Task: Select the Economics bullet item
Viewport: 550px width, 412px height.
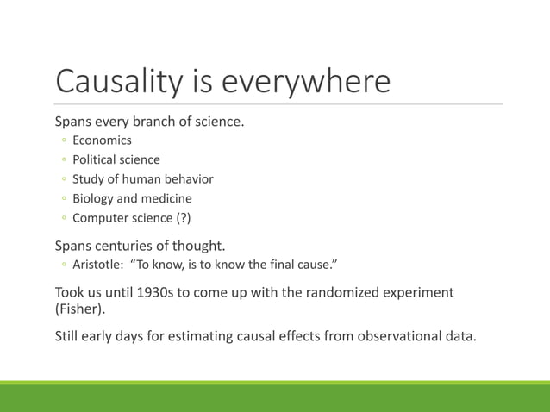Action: pos(102,140)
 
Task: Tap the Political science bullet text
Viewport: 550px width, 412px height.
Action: pos(116,159)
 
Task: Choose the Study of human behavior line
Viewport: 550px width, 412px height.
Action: pos(142,179)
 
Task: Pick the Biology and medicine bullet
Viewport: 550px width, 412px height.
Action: pos(132,198)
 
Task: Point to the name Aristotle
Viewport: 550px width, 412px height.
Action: pos(97,264)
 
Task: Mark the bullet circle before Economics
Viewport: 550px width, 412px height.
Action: pos(64,140)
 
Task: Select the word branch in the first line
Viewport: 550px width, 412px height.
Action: pos(170,121)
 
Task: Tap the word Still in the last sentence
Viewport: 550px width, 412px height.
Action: pos(70,335)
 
